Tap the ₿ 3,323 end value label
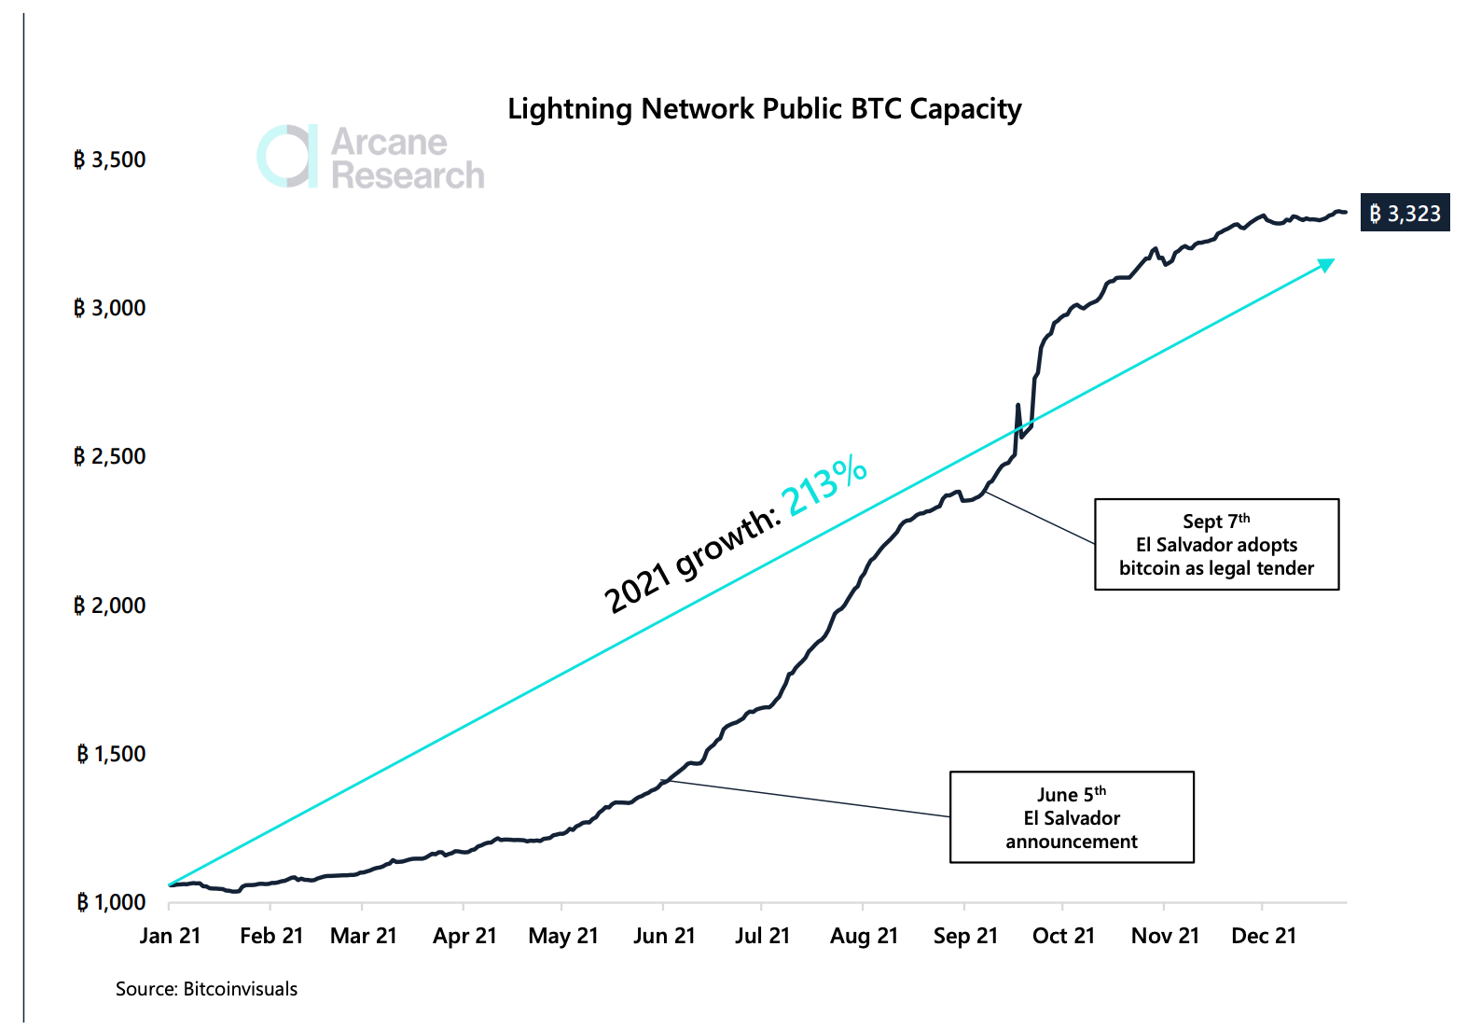tap(1405, 213)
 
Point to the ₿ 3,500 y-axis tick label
tap(110, 160)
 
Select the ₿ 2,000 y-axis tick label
tap(110, 605)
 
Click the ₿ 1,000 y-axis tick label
tap(111, 901)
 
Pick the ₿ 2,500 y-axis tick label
tap(110, 456)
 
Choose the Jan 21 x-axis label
tap(170, 936)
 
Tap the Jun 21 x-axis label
tap(664, 936)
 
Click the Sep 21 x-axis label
tap(965, 936)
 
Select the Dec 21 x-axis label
tap(1264, 936)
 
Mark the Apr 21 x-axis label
tap(464, 936)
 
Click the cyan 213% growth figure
tap(824, 485)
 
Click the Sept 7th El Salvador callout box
tap(1216, 545)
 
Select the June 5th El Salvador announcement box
tap(1072, 817)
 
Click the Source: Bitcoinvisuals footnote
tap(206, 989)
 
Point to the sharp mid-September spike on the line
tap(1017, 405)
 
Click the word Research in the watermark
tap(408, 175)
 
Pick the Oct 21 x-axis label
tap(1064, 936)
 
